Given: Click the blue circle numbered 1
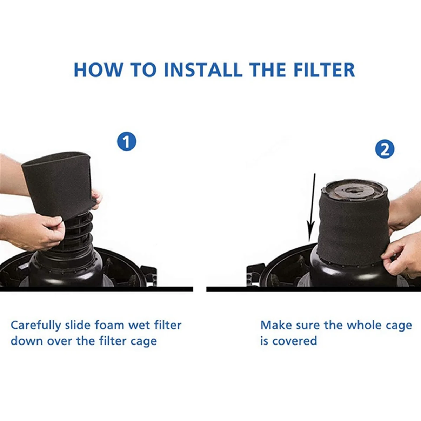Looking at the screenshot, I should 126,142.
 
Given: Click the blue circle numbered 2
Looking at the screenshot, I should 385,150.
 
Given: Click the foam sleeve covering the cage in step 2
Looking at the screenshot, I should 353,228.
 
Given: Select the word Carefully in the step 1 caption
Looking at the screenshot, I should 36,326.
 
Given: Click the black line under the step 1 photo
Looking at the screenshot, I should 96,289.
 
